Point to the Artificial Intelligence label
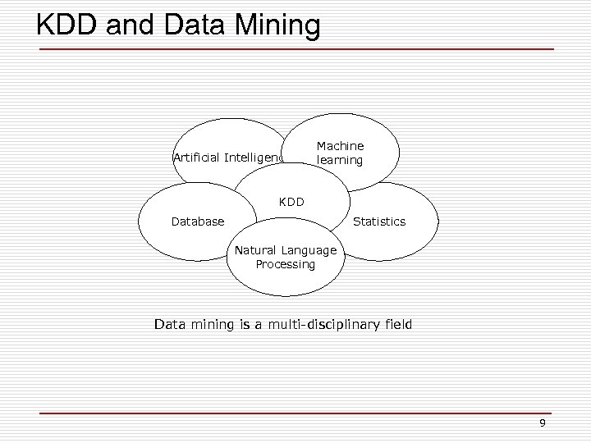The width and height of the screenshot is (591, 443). click(x=229, y=157)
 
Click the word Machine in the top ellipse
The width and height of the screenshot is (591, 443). click(x=340, y=146)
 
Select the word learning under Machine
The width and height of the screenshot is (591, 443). click(x=340, y=160)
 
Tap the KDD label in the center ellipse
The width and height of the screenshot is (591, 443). click(x=291, y=201)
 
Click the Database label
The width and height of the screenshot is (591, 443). click(x=197, y=221)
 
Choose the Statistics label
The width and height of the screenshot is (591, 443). click(x=379, y=221)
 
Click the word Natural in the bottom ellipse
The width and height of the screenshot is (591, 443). click(x=257, y=250)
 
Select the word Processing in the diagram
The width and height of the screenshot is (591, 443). click(x=285, y=264)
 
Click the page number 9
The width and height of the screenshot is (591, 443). click(x=542, y=423)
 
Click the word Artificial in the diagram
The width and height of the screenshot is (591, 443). click(x=198, y=157)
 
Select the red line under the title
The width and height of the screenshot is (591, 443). click(x=295, y=49)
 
